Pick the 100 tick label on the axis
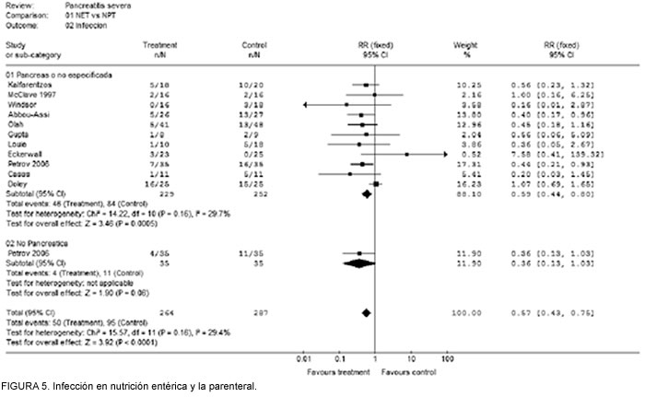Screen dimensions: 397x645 449,356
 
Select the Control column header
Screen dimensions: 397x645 253,44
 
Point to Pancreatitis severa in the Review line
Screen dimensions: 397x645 97,7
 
